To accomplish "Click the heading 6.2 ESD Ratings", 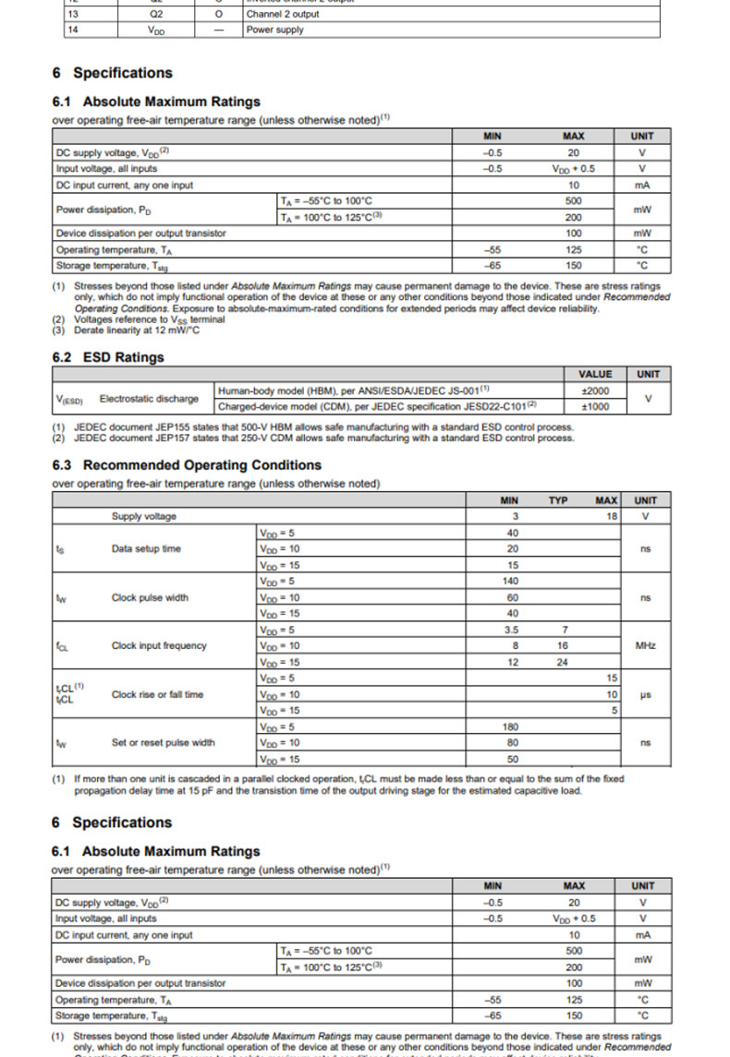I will (x=108, y=357).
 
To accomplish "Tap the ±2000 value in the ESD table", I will (x=594, y=390).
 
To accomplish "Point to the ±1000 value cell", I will (x=594, y=406).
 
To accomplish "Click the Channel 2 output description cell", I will (x=283, y=14).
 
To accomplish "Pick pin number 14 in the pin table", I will (x=73, y=30).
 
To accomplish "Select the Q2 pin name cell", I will (x=156, y=14).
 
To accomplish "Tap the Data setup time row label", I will (x=146, y=548).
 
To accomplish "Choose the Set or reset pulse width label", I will (x=163, y=742).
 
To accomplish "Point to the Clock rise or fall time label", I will (x=157, y=694).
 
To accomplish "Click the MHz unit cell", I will (x=645, y=645).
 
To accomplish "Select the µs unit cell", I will (x=645, y=694).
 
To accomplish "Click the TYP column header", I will (x=558, y=500).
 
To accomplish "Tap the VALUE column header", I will (x=594, y=374).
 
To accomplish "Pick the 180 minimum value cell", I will (x=513, y=727).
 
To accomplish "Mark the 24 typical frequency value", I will (x=562, y=662).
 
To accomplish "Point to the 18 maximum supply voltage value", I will (x=611, y=516).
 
